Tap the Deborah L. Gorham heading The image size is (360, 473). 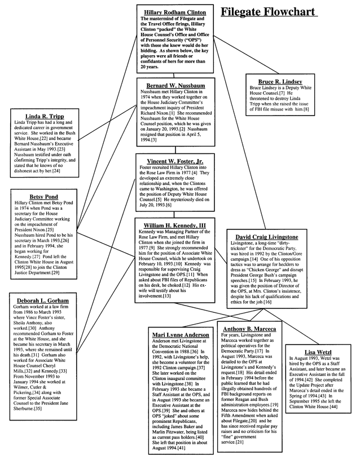[x=39, y=300]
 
